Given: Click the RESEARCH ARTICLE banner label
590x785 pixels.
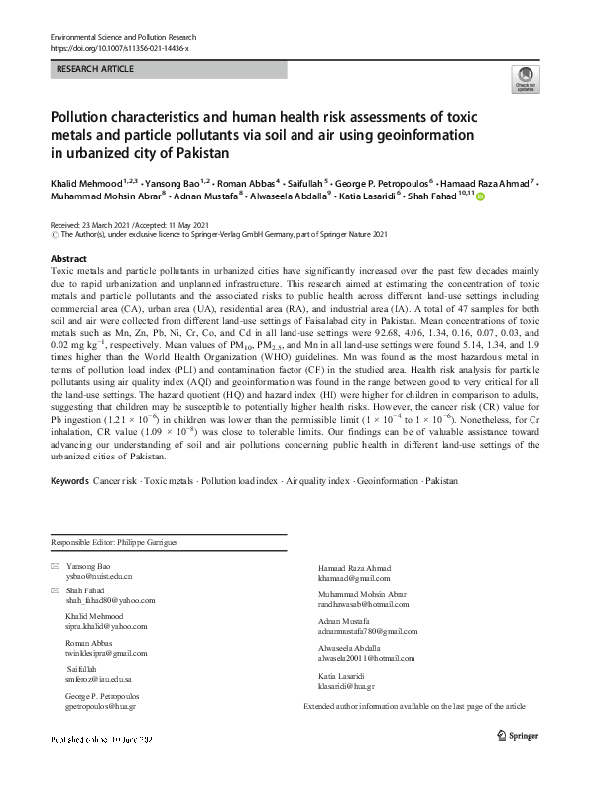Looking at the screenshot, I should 95,69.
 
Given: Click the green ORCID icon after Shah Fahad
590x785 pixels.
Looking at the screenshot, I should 482,198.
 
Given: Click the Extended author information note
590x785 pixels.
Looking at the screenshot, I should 414,706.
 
